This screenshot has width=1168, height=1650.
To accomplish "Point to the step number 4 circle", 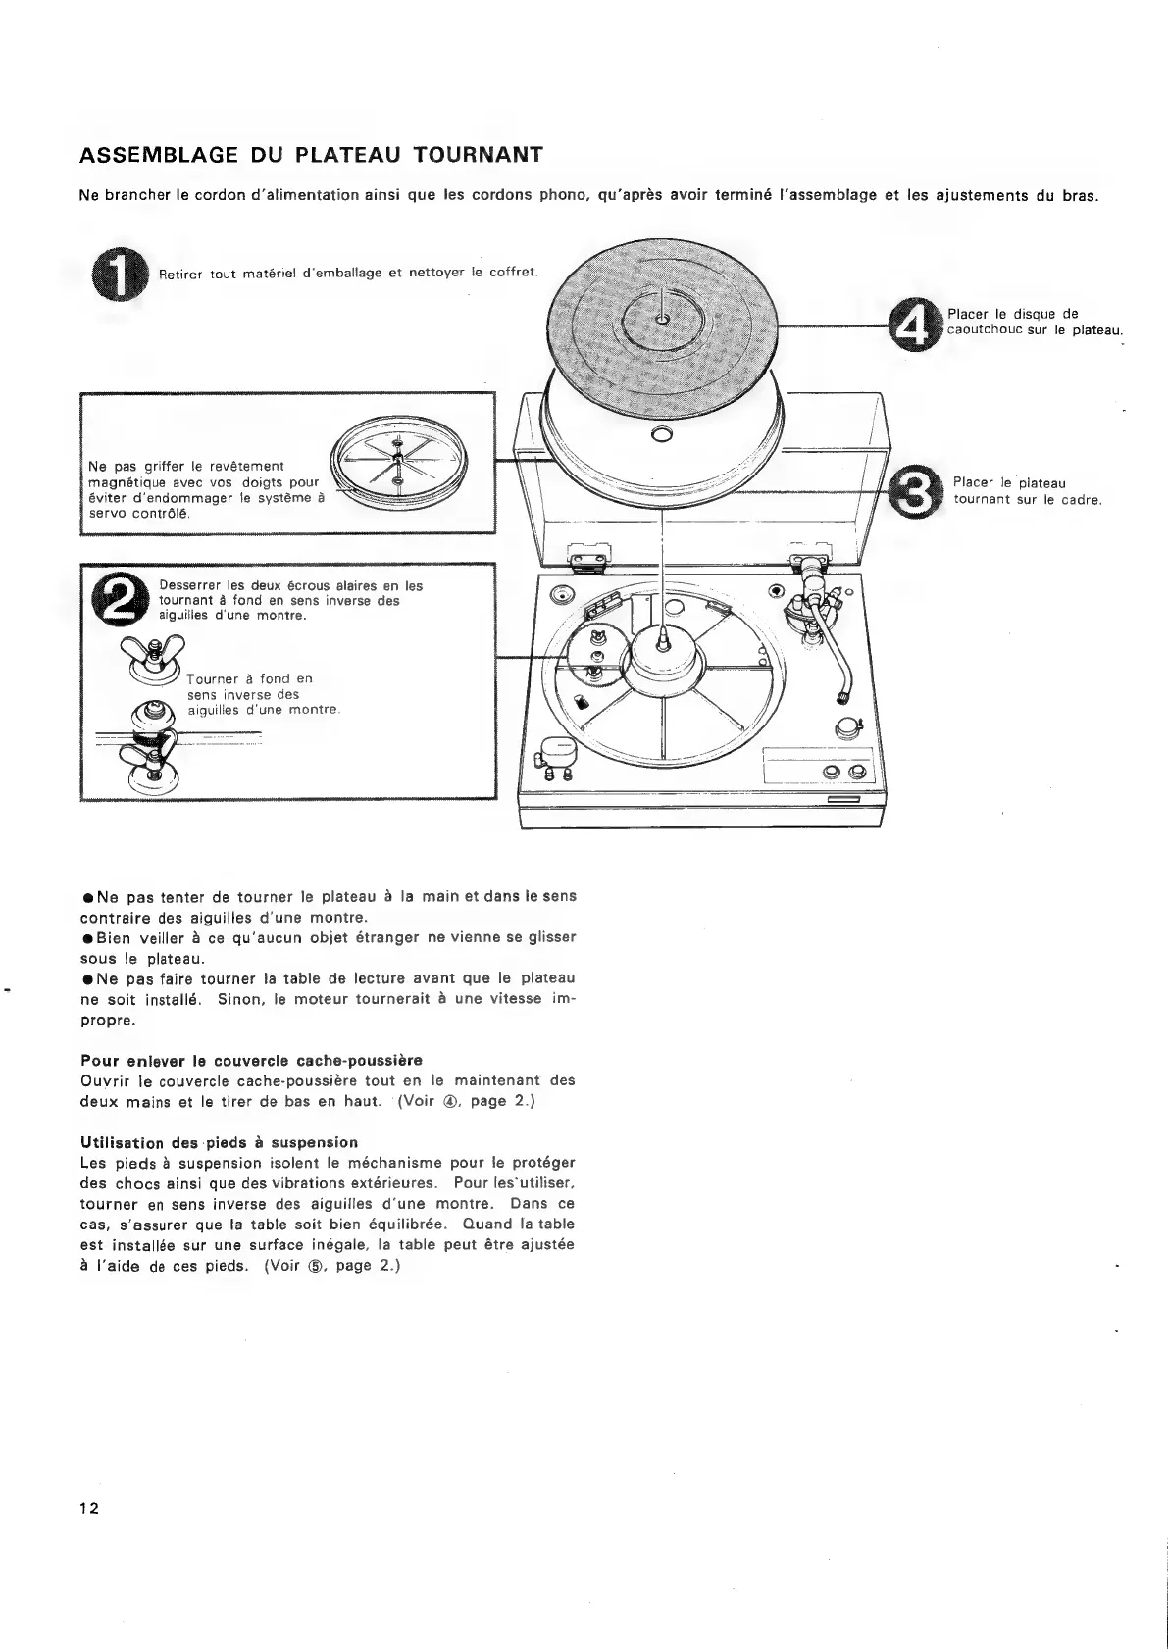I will tap(914, 326).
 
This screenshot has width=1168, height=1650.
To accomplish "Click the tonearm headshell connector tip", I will tap(840, 698).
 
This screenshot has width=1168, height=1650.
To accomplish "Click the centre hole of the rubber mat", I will tap(663, 318).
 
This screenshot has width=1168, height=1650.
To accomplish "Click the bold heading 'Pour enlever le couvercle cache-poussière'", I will tap(250, 1060).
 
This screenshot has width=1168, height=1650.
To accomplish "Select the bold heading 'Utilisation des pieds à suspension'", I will tap(218, 1142).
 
